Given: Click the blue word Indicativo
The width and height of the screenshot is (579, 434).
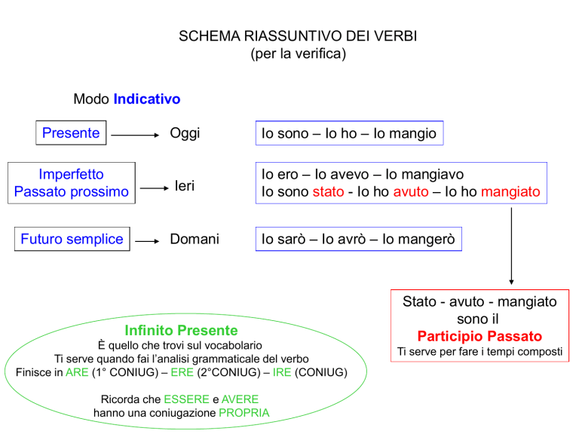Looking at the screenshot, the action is click(x=147, y=99).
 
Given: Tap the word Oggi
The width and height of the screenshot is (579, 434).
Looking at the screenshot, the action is click(x=185, y=133).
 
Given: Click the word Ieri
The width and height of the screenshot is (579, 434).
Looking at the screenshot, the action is click(x=185, y=185).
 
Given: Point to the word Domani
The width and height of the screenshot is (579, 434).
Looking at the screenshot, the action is click(x=195, y=239).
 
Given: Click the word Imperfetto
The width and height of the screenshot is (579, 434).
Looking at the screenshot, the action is click(x=72, y=174).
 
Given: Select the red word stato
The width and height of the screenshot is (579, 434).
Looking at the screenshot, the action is click(x=328, y=192).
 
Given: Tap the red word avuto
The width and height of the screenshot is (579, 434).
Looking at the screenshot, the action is click(x=411, y=192).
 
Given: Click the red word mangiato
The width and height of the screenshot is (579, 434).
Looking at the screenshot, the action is click(x=510, y=192).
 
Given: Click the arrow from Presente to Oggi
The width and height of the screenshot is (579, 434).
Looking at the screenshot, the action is click(x=135, y=135).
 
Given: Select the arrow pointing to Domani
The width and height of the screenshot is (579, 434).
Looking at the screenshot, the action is click(x=147, y=241).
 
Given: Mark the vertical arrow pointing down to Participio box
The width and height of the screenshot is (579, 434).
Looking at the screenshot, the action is click(x=511, y=246).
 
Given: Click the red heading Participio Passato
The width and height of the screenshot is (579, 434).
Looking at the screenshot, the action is click(x=479, y=336).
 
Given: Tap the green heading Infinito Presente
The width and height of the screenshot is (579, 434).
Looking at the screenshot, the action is click(x=181, y=330).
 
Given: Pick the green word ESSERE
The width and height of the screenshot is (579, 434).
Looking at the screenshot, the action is click(x=186, y=399).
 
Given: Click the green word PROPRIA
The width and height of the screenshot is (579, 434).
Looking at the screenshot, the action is click(x=244, y=413).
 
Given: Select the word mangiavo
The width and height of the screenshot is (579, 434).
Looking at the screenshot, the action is click(x=424, y=175).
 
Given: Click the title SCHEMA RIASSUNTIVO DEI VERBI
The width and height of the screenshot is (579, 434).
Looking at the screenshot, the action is click(x=298, y=36).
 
